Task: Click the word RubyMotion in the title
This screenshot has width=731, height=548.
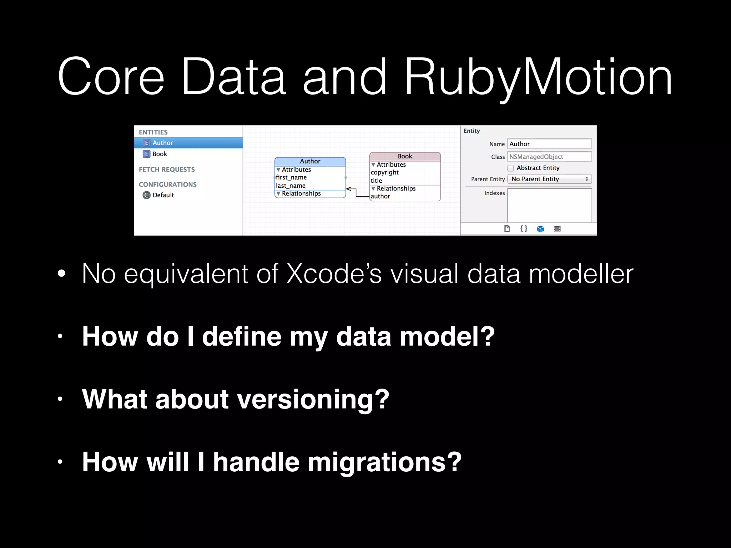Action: (x=538, y=77)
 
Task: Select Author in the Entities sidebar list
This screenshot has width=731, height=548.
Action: (x=162, y=143)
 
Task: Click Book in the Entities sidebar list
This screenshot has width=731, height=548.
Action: (x=160, y=154)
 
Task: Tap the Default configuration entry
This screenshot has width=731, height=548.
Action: (x=163, y=195)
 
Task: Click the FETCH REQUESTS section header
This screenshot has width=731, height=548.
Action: (x=167, y=169)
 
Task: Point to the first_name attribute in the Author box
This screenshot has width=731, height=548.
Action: (x=291, y=177)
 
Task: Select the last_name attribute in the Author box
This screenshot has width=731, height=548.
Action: (x=291, y=186)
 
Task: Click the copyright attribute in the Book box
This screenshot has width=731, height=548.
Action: (x=384, y=172)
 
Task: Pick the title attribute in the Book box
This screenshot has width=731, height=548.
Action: (x=376, y=181)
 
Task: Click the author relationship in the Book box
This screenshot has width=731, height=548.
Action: (x=380, y=196)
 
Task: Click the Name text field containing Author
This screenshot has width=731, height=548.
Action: (x=549, y=144)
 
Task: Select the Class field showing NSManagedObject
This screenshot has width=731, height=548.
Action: (x=549, y=157)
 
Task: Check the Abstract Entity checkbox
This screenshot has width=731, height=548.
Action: (x=511, y=168)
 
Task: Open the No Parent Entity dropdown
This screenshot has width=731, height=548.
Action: (x=549, y=179)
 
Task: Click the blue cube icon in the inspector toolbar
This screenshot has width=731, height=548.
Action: (x=540, y=229)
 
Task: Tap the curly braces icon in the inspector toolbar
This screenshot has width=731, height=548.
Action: (x=524, y=229)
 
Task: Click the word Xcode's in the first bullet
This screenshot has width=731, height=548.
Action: (x=334, y=274)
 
